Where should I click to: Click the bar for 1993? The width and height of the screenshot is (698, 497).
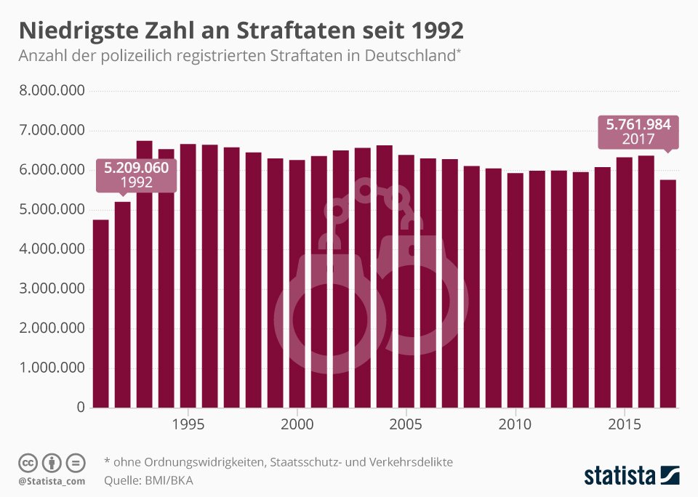pyautogui.click(x=144, y=274)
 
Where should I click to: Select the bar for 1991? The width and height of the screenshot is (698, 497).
pyautogui.click(x=100, y=314)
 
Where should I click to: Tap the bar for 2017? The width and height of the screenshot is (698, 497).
pyautogui.click(x=667, y=294)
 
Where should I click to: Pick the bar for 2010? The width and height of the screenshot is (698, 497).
pyautogui.click(x=515, y=290)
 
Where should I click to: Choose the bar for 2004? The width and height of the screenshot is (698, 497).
pyautogui.click(x=384, y=276)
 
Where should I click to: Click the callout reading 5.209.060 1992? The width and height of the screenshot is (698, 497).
pyautogui.click(x=136, y=176)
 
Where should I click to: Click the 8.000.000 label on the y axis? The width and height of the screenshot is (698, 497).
pyautogui.click(x=52, y=90)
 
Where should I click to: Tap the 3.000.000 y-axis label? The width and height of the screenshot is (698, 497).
pyautogui.click(x=52, y=288)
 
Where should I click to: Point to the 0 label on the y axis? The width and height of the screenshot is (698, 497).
pyautogui.click(x=81, y=407)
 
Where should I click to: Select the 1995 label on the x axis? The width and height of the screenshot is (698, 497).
pyautogui.click(x=188, y=424)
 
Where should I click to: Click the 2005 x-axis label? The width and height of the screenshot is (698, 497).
pyautogui.click(x=406, y=424)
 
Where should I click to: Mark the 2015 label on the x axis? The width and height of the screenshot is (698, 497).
pyautogui.click(x=624, y=424)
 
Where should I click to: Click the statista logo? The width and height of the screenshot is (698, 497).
pyautogui.click(x=632, y=474)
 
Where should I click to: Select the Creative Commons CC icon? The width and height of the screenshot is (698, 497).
pyautogui.click(x=28, y=463)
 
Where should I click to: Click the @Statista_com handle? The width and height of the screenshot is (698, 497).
pyautogui.click(x=52, y=482)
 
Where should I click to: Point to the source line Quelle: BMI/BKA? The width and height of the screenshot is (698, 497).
pyautogui.click(x=148, y=480)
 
